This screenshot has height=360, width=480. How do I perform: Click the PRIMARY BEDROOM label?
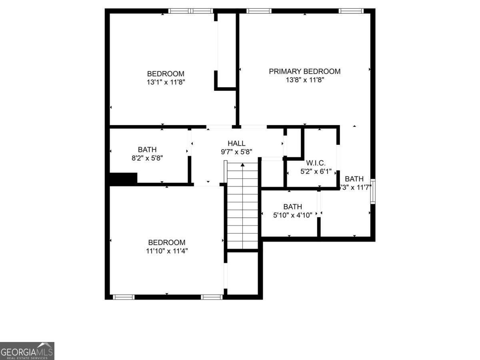(304, 72)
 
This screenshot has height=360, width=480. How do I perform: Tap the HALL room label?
(236, 144)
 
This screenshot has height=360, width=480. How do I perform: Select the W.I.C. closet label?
(316, 163)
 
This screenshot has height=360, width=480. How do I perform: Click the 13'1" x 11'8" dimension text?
(166, 82)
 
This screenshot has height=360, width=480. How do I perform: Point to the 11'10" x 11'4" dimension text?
(167, 251)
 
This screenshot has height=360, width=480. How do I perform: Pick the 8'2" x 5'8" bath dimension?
(147, 158)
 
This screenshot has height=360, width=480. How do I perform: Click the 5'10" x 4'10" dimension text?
(292, 215)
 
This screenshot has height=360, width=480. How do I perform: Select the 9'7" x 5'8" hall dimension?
(236, 152)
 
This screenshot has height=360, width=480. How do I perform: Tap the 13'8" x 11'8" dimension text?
(304, 80)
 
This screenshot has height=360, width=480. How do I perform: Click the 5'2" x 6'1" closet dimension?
(316, 172)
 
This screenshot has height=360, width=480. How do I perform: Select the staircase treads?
(242, 208)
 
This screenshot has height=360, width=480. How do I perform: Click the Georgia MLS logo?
(27, 351)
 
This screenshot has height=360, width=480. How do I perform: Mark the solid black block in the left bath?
(123, 178)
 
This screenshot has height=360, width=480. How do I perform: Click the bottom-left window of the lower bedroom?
(123, 297)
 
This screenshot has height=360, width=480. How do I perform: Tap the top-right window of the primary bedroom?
(351, 11)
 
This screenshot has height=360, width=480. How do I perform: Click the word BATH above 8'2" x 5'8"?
(147, 150)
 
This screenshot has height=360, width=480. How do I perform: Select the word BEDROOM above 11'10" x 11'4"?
(167, 242)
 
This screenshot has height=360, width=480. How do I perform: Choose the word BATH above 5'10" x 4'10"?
(292, 207)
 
